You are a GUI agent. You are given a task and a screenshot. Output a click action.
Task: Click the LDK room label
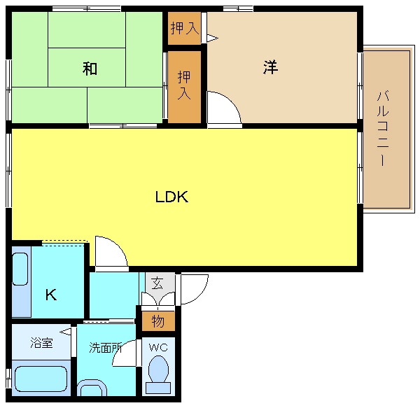click(x=171, y=197)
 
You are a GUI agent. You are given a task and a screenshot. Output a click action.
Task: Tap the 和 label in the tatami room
click(x=90, y=69)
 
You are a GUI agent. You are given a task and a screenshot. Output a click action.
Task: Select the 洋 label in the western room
click(x=270, y=67)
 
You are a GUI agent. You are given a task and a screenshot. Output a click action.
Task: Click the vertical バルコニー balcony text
click(x=382, y=129)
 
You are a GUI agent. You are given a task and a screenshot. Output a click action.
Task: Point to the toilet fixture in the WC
click(x=158, y=374)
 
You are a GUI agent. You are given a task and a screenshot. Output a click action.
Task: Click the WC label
click(x=158, y=348)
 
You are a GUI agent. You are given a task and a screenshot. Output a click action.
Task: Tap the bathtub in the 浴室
click(x=41, y=379)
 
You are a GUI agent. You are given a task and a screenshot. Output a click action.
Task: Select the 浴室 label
click(x=41, y=342)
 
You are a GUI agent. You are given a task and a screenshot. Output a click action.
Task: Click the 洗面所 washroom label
click(x=106, y=348)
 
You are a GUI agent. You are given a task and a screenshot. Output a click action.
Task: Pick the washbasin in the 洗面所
click(x=92, y=388)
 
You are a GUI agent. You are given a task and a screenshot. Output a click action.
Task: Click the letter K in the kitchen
click(x=51, y=295)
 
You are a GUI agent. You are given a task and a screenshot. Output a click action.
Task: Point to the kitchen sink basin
click(x=20, y=269)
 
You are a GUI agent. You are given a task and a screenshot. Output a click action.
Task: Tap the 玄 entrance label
click(x=157, y=283)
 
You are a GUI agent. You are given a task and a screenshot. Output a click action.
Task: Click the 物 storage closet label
click(x=158, y=321)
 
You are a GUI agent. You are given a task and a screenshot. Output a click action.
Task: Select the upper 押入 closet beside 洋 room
click(x=185, y=28)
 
